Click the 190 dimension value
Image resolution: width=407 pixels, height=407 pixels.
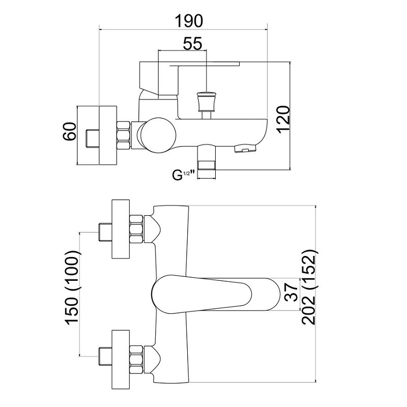189,21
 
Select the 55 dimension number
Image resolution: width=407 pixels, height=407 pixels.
192,44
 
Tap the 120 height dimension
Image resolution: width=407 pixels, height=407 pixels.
283,119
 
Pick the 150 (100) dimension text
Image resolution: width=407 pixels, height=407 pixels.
71,294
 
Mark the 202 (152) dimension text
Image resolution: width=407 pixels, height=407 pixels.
310,294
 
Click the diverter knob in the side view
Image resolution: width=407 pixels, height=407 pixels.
206,102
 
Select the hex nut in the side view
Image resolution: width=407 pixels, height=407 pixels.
125,136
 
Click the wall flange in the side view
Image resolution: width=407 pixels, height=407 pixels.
107,135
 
